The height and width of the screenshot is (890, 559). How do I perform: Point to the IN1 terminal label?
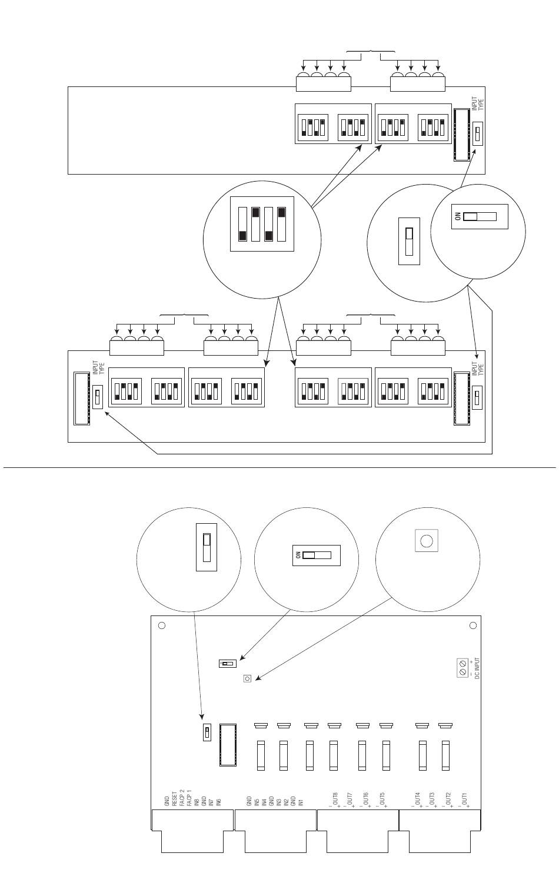point(300,801)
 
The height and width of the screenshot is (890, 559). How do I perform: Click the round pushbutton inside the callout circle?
point(427,540)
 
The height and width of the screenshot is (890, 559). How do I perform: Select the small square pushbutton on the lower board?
point(247,678)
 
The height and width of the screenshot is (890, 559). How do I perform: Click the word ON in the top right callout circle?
point(458,216)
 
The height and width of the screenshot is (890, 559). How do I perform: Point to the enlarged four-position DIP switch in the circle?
point(262,224)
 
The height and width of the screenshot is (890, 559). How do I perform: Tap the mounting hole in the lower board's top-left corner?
point(162,626)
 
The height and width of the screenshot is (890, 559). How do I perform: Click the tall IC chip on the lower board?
point(227,745)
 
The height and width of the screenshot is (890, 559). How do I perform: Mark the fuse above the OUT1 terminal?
point(446,755)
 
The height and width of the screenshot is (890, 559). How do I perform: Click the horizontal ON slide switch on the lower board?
point(227,664)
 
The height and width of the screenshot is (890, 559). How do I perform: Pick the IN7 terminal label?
point(211,800)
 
